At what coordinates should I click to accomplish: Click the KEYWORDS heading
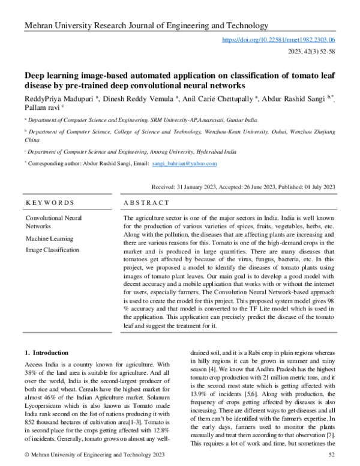point(47,203)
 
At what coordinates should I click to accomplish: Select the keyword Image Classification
point(52,249)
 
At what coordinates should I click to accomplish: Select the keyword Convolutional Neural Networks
point(54,222)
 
